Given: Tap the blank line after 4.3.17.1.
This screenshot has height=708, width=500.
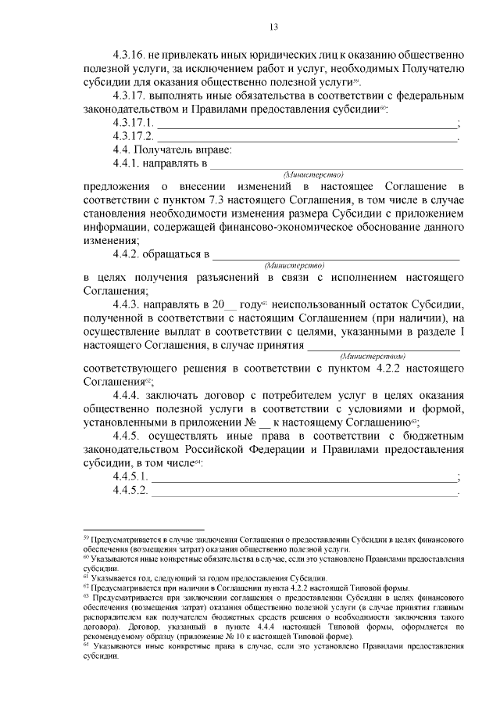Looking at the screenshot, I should (307, 125).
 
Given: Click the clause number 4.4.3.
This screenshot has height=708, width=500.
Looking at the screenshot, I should (131, 303).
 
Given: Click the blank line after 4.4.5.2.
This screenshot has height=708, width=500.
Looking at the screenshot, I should (305, 491).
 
